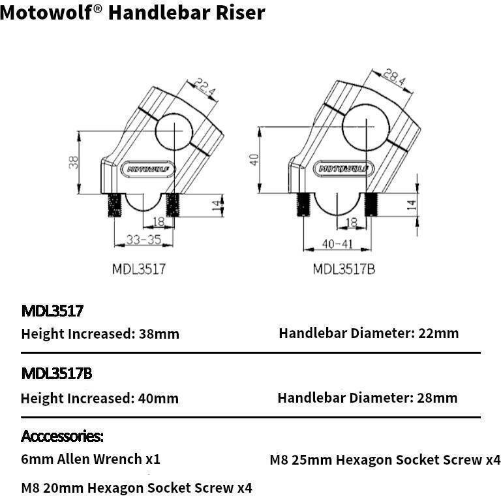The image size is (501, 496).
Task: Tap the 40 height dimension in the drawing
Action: (x=254, y=159)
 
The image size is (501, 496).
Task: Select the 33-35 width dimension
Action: (x=144, y=240)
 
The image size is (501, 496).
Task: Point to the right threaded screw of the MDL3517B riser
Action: (x=372, y=205)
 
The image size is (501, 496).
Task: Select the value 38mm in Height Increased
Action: (x=159, y=334)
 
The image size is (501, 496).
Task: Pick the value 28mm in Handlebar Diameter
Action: (x=437, y=397)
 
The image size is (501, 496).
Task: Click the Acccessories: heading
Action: (x=63, y=436)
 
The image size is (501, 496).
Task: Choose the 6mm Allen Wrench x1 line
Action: (x=91, y=459)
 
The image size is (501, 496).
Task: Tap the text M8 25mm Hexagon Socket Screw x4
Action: (x=385, y=460)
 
